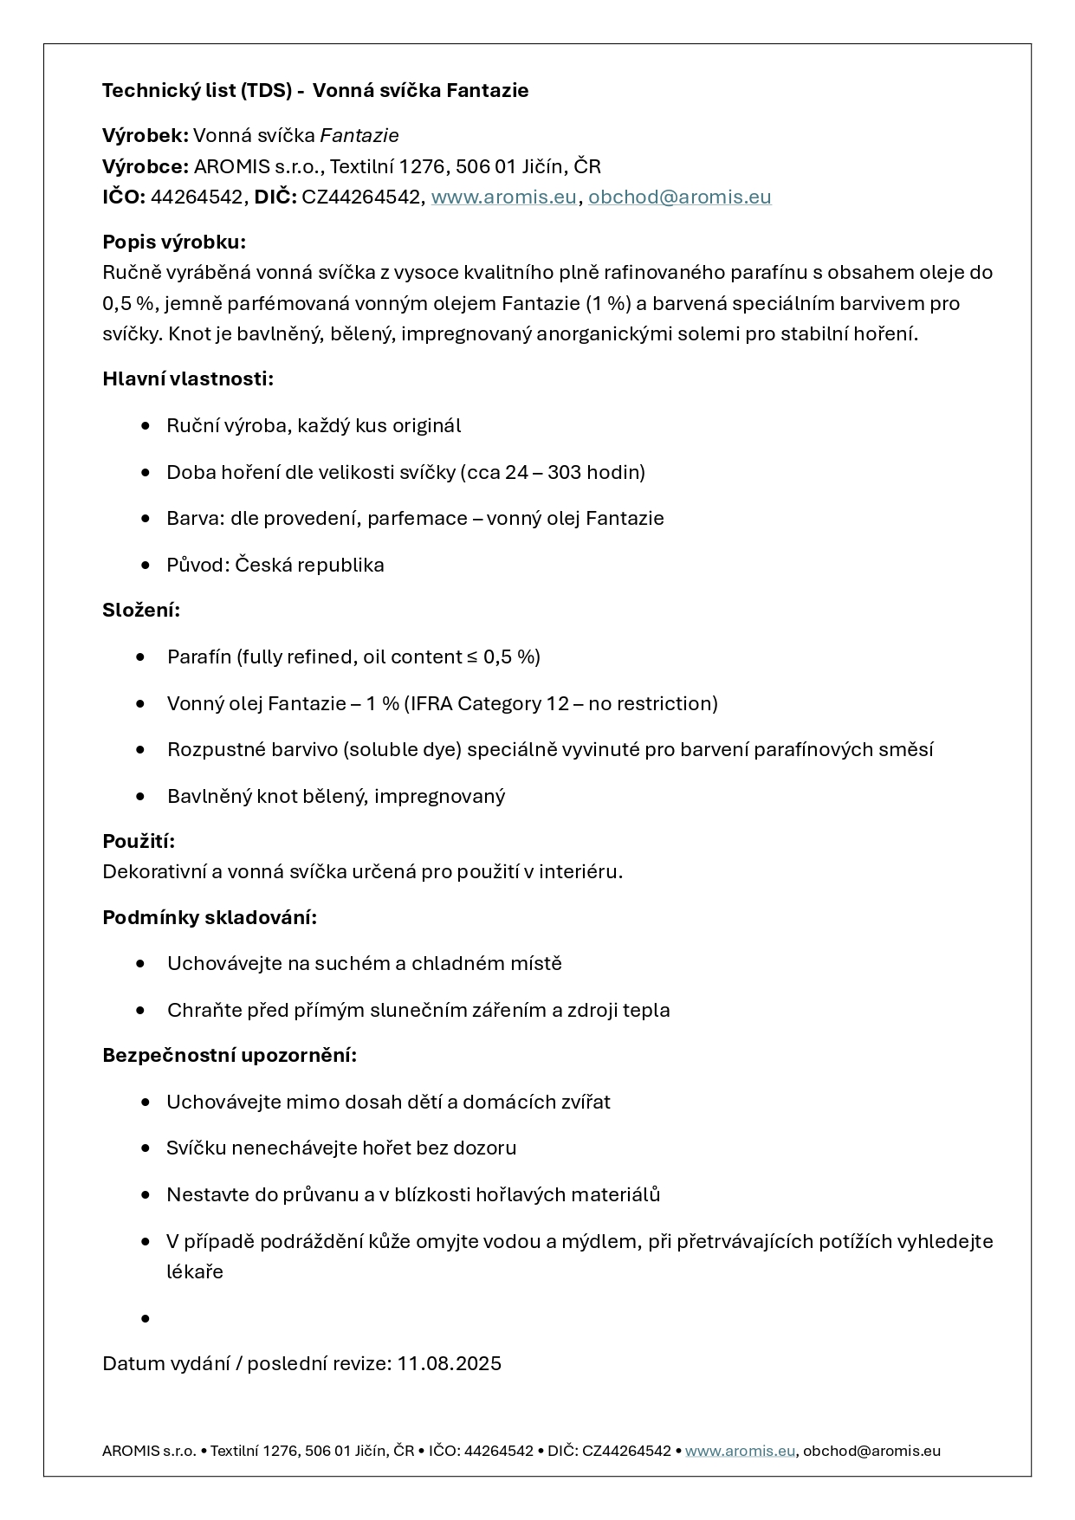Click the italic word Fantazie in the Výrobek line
pos(359,136)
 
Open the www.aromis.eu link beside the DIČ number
pos(503,197)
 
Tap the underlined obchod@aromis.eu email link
pos(679,197)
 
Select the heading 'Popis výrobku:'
pos(174,242)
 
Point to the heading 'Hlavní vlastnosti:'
pos(188,379)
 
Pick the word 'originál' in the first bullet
pos(426,426)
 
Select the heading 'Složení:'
pos(141,611)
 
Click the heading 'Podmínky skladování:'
pos(210,918)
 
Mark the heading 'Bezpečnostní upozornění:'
pos(230,1056)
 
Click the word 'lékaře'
pos(195,1272)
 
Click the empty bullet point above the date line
pos(145,1319)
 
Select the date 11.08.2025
pos(449,1364)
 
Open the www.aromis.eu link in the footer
pos(740,1451)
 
